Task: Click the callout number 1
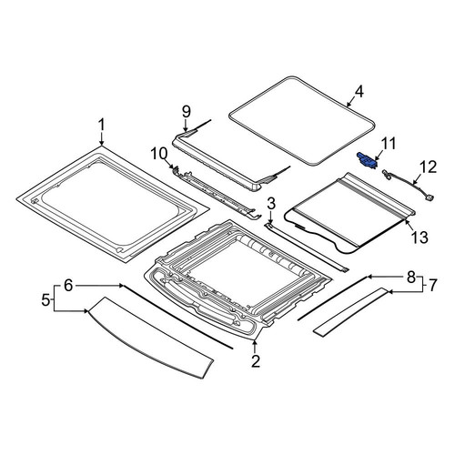pyautogui.click(x=101, y=125)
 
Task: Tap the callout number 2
pyautogui.click(x=256, y=361)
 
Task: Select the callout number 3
pyautogui.click(x=271, y=204)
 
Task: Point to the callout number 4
pyautogui.click(x=359, y=92)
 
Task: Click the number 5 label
pyautogui.click(x=45, y=300)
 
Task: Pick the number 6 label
pyautogui.click(x=68, y=286)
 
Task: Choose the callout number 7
pyautogui.click(x=432, y=285)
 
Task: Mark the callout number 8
pyautogui.click(x=410, y=277)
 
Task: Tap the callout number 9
pyautogui.click(x=187, y=111)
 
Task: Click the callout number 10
pyautogui.click(x=159, y=154)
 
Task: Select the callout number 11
pyautogui.click(x=389, y=144)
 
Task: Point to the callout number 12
pyautogui.click(x=428, y=167)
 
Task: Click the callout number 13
pyautogui.click(x=420, y=238)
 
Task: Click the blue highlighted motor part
pyautogui.click(x=367, y=159)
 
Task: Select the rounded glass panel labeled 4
pyautogui.click(x=301, y=120)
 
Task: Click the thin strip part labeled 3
pyautogui.click(x=306, y=247)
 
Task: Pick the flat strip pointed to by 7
pyautogui.click(x=350, y=311)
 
